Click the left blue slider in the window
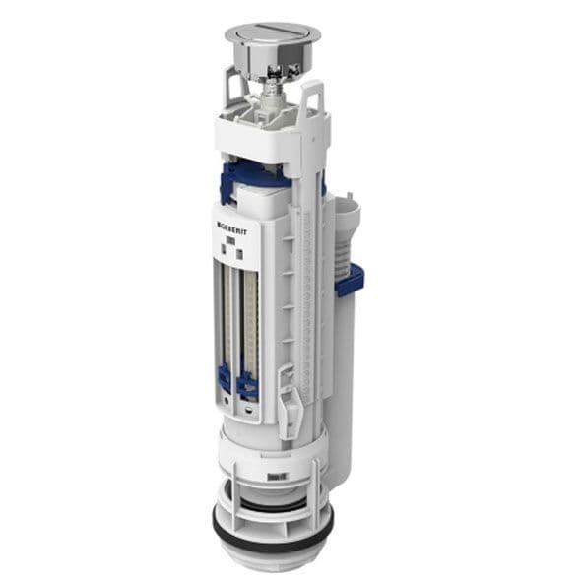(x=225, y=379)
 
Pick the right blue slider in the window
(x=247, y=383)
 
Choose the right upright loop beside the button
(x=313, y=98)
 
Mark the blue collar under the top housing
(x=256, y=177)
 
